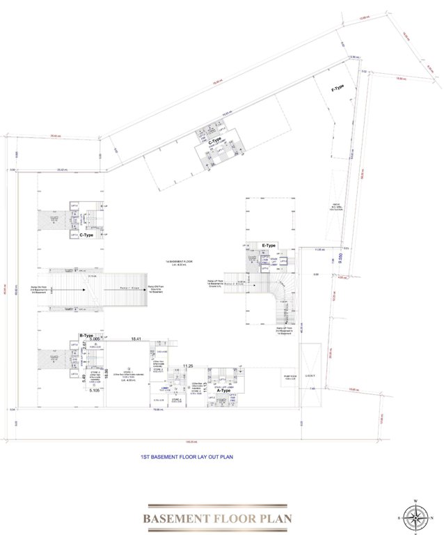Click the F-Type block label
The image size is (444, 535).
tap(338, 88)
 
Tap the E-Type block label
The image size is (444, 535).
tap(269, 247)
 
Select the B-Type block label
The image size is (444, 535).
tap(86, 335)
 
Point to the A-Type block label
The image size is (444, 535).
tap(223, 391)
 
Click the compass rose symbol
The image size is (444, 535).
tap(415, 515)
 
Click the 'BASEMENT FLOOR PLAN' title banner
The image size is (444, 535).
tap(217, 518)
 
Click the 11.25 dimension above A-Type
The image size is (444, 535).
tap(187, 366)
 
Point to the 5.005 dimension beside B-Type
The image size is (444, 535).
tap(95, 339)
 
